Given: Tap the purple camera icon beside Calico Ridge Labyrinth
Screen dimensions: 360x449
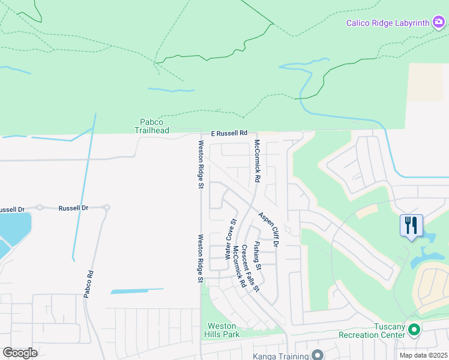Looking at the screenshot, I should pos(439,23).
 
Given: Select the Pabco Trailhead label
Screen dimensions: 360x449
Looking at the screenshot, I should pos(151,126).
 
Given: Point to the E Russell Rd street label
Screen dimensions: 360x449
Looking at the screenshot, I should pos(229,133).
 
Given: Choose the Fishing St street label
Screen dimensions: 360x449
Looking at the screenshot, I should pos(257,255).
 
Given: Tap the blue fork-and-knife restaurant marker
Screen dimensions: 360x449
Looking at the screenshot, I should pos(411,226).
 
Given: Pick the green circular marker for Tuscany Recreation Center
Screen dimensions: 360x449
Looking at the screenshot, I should pos(413,329).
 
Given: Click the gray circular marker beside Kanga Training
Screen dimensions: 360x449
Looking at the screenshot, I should pos(318,355).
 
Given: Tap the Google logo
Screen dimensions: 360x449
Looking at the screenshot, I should pos(20,352).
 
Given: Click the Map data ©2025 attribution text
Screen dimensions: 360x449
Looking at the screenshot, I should pos(424,355).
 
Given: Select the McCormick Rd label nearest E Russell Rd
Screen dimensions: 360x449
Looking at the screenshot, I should pos(257,161).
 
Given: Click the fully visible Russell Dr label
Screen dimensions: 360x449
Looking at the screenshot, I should pos(73,208).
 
